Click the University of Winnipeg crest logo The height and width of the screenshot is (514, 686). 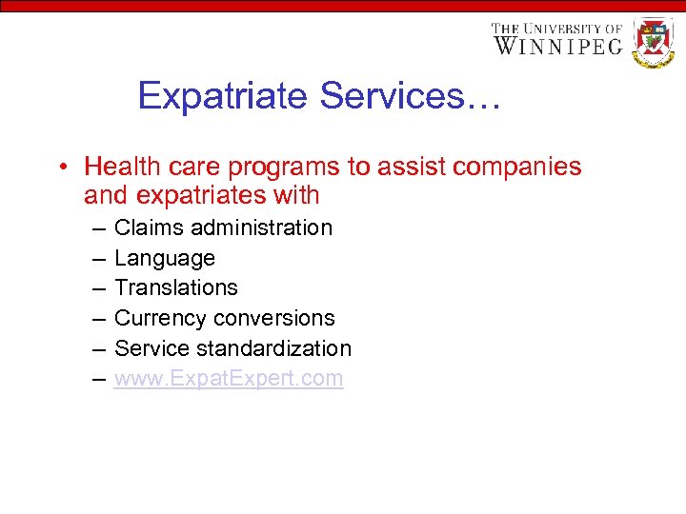[x=654, y=42]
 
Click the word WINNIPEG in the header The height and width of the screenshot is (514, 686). [x=556, y=46]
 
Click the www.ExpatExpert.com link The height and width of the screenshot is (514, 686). [x=229, y=378]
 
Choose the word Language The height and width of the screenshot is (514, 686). [x=165, y=258]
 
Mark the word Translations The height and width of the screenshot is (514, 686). [x=176, y=287]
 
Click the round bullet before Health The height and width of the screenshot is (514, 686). [x=61, y=168]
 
